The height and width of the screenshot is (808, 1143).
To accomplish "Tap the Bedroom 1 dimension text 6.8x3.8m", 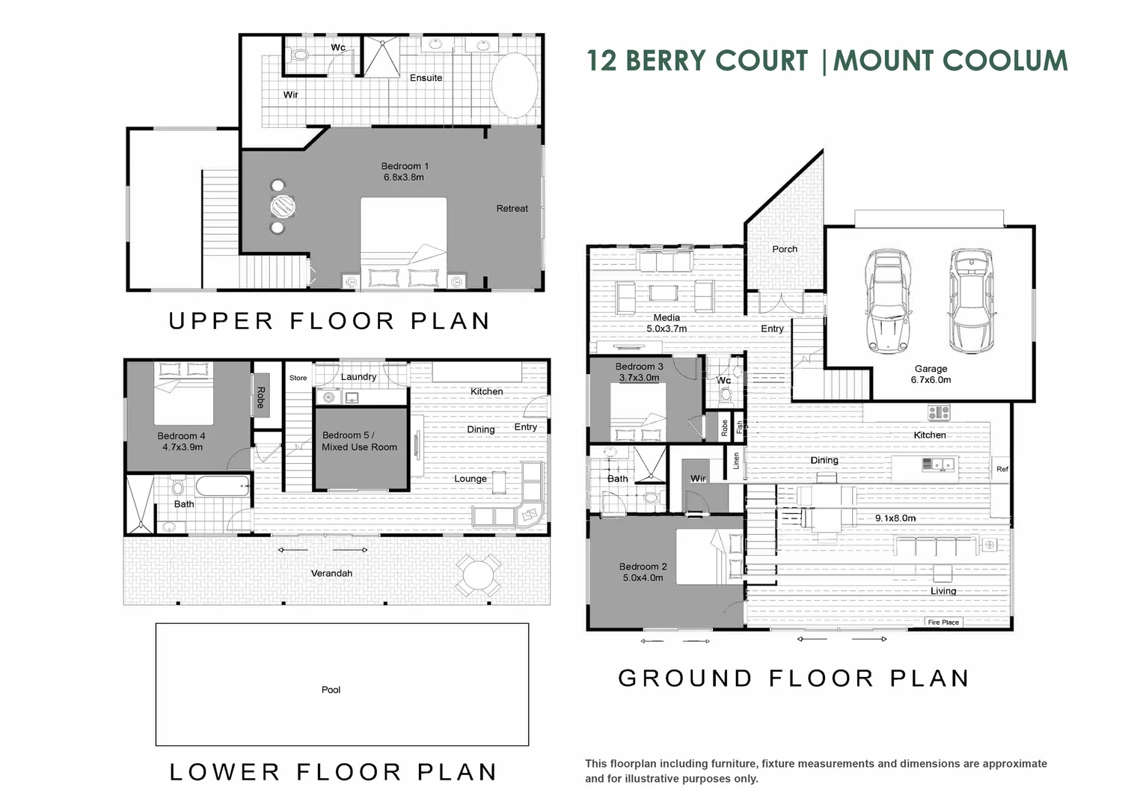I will (x=404, y=178).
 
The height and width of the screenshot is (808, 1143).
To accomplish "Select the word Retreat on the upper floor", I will (x=512, y=209).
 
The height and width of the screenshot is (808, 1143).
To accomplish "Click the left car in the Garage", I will (x=888, y=302).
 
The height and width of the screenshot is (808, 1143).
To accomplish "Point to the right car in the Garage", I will (x=970, y=302).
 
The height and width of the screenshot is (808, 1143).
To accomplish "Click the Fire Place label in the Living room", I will (x=943, y=622).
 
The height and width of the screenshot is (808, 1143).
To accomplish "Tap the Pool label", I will (x=331, y=690).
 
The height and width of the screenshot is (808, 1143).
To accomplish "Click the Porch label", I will (x=784, y=249).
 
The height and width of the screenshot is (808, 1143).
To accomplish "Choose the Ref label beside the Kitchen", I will (x=1002, y=469).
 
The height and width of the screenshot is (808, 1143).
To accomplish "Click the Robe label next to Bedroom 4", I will (x=260, y=397).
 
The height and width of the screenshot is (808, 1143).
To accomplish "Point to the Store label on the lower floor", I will (x=298, y=378).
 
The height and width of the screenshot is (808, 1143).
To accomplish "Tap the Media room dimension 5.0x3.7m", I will (x=667, y=328).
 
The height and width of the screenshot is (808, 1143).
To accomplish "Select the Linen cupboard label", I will (x=736, y=461).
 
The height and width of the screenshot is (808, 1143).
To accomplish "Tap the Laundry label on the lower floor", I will (x=358, y=377).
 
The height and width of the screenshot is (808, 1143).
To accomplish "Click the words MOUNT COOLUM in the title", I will (x=950, y=61).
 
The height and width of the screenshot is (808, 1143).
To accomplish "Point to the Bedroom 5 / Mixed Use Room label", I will (x=359, y=441).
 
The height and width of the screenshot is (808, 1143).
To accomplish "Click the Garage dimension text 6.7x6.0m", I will (x=931, y=380).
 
